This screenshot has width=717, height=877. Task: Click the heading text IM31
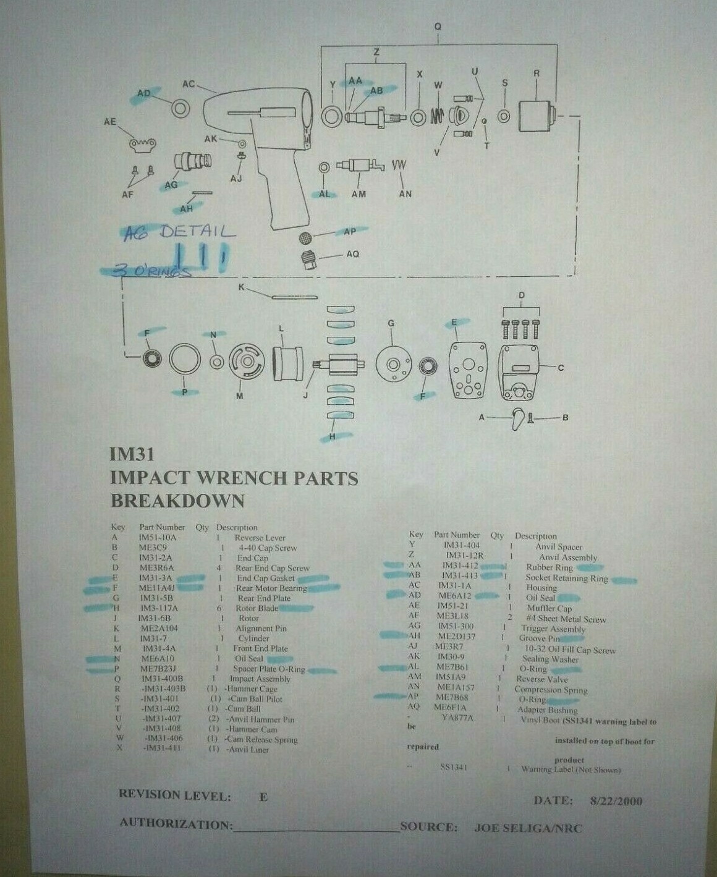(x=132, y=454)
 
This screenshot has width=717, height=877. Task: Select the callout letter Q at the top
(x=438, y=27)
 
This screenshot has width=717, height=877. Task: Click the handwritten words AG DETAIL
(x=179, y=232)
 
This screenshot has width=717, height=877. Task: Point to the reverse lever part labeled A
(x=518, y=419)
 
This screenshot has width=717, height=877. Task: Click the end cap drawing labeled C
(x=519, y=373)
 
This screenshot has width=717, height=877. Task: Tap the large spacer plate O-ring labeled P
(x=185, y=359)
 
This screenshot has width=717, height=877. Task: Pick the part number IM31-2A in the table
(x=155, y=557)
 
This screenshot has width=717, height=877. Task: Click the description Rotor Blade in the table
(x=257, y=608)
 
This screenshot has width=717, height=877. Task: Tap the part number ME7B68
(x=452, y=697)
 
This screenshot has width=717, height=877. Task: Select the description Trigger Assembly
(x=553, y=629)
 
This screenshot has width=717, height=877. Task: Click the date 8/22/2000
(x=616, y=802)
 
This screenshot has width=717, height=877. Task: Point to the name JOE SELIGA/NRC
(x=528, y=828)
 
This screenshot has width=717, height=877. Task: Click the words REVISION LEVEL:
(x=174, y=795)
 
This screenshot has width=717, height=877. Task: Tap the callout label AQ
(x=352, y=254)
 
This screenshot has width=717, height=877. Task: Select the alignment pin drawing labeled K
(x=294, y=297)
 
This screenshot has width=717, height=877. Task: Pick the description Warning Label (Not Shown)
(x=571, y=769)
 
